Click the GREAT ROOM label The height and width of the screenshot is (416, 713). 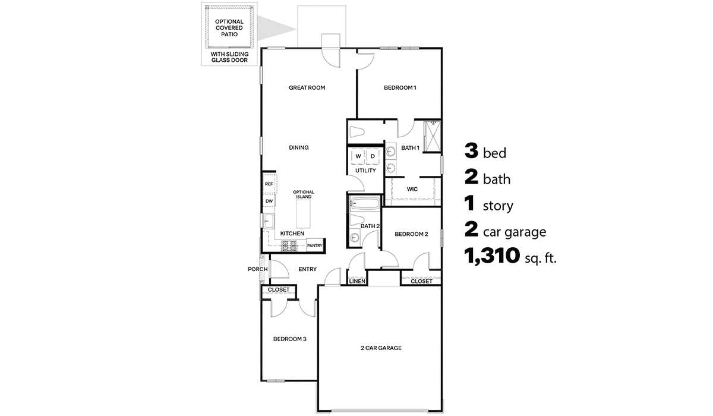tap(307, 88)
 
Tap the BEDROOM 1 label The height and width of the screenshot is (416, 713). tap(400, 88)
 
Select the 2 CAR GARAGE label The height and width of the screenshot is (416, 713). tap(381, 348)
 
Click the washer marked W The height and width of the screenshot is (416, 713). tap(358, 156)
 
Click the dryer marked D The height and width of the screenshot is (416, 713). tap(373, 156)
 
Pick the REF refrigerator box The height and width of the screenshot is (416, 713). tap(269, 184)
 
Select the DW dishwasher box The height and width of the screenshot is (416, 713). tap(269, 201)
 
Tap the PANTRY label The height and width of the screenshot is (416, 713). tap(315, 245)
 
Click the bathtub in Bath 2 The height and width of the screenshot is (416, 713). tap(365, 204)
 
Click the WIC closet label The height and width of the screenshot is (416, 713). tap(412, 189)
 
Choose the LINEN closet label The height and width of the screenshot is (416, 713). tap(356, 281)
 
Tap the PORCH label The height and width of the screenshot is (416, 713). tap(257, 269)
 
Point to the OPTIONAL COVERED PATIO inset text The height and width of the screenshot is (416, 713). tap(229, 27)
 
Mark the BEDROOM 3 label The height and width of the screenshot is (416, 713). tap(289, 339)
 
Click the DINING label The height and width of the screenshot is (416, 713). tap(299, 147)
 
